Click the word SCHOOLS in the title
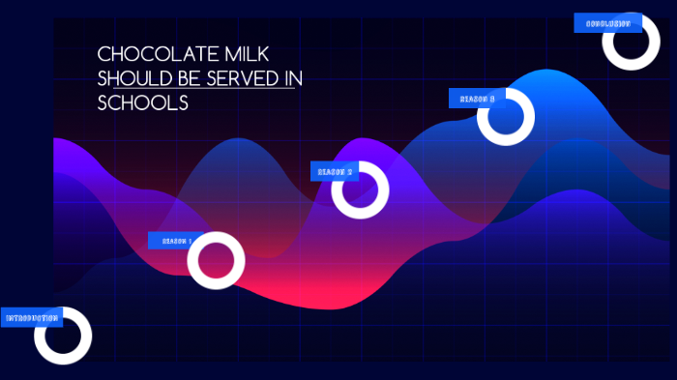142,102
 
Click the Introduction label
31,317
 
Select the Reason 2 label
335,171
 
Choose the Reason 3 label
477,98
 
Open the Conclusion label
607,23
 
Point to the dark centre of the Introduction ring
63,336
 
